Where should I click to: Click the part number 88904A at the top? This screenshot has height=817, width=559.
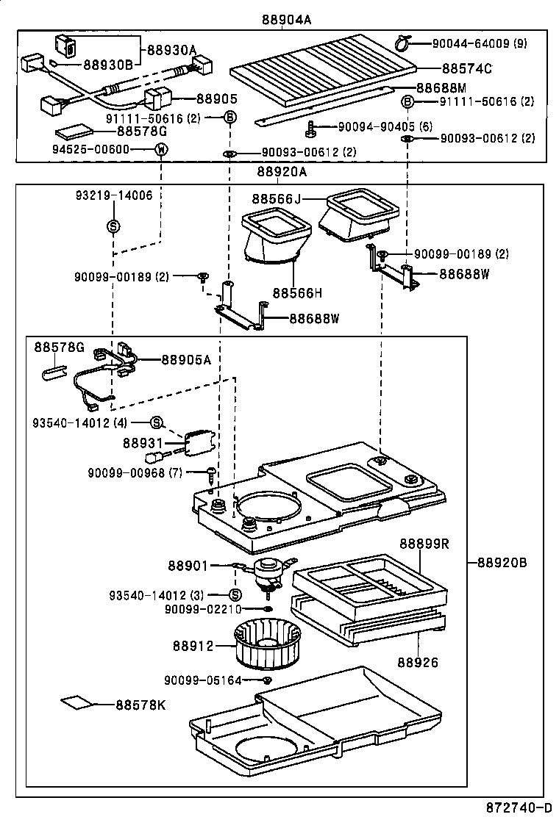coord(286,20)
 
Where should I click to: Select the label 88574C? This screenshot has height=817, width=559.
coord(466,68)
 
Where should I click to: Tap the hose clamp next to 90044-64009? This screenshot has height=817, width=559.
coord(404,43)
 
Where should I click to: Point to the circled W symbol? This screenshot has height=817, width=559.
coord(160,150)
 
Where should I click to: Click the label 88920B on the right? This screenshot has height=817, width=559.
coord(502,563)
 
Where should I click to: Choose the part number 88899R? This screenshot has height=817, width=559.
coord(424,544)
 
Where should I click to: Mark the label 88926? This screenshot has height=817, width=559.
coord(419,662)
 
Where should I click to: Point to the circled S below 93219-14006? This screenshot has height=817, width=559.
coord(113,226)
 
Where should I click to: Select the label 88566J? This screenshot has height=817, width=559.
coord(277,199)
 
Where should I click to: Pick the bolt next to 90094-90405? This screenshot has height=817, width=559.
coord(311,129)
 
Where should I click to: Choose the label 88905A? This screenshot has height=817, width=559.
coord(185,360)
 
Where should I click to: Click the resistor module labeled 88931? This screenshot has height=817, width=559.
coord(199,442)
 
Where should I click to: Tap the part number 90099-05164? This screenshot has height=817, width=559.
coord(203,680)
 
